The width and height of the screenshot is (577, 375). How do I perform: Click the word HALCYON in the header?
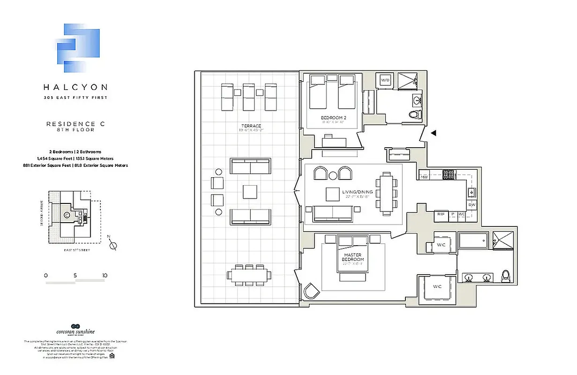[75, 87]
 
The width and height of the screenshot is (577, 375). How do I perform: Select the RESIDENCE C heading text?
[75, 124]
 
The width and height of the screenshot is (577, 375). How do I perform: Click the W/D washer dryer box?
[385, 80]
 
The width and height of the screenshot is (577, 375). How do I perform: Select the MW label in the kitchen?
[424, 177]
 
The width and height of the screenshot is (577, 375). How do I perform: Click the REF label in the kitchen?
[441, 214]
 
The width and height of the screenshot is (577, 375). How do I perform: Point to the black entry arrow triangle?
[434, 133]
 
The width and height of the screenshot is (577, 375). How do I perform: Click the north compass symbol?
[112, 245]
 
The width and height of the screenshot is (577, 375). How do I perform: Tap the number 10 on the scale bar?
[104, 275]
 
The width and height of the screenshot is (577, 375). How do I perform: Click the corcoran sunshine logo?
[75, 331]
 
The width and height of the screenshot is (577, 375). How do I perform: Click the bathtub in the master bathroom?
[473, 241]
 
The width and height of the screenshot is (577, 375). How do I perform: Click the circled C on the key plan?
[67, 215]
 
